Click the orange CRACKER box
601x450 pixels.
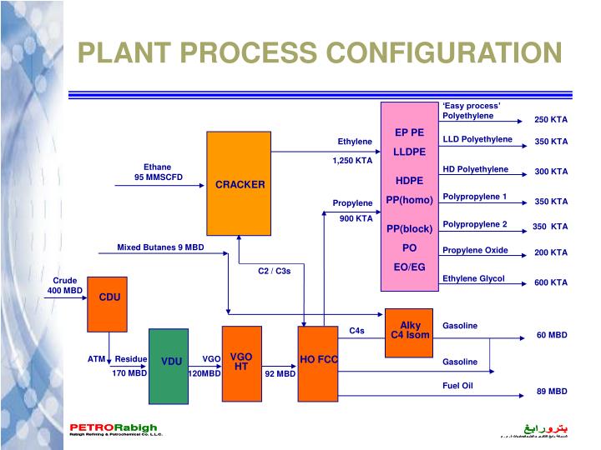click(x=240, y=184)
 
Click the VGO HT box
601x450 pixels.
click(x=241, y=362)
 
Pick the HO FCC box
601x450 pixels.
click(x=317, y=362)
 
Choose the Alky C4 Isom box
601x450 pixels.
click(x=410, y=331)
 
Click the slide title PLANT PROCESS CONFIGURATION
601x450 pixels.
click(x=320, y=53)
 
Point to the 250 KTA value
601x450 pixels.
click(x=551, y=120)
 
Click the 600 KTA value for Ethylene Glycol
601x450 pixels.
click(x=551, y=282)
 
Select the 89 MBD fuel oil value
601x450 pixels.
click(x=552, y=391)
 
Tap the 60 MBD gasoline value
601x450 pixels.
click(x=552, y=335)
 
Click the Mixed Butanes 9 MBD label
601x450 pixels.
click(x=160, y=247)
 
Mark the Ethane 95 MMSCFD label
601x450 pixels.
click(x=158, y=172)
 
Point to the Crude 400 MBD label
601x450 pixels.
click(x=65, y=286)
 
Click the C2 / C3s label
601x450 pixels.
click(x=275, y=270)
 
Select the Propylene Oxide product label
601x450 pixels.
click(x=475, y=250)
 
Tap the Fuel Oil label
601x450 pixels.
click(x=457, y=386)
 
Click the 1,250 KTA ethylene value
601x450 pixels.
click(x=352, y=160)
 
